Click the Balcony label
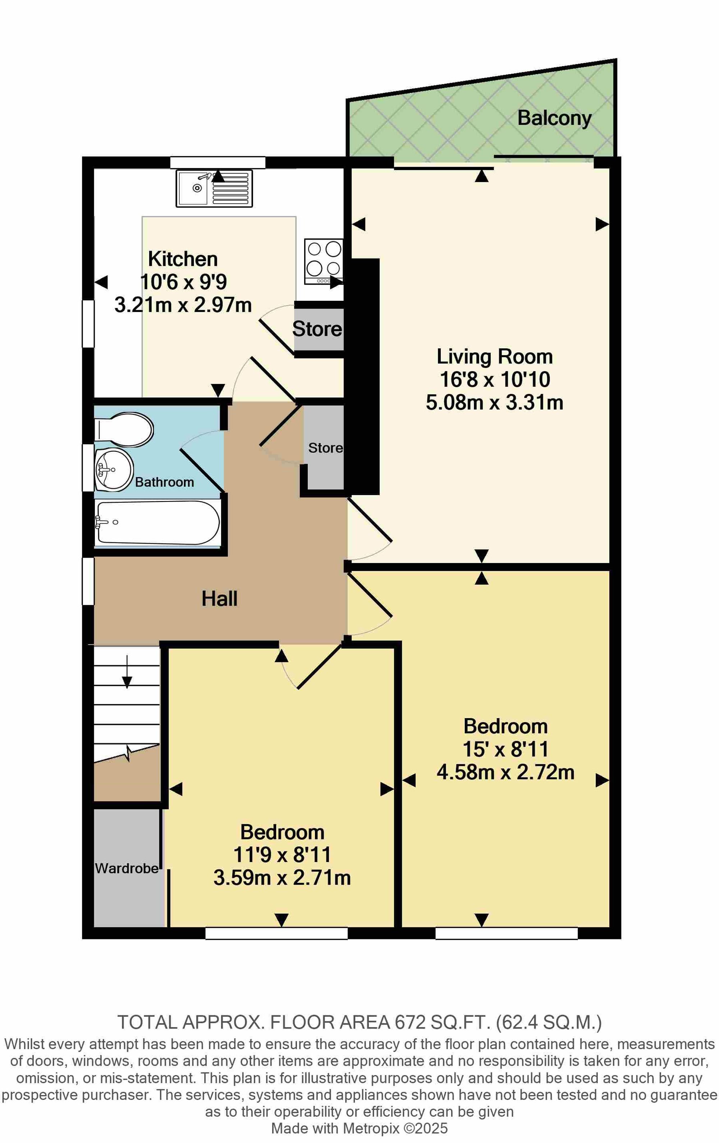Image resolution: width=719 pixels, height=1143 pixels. tap(554, 118)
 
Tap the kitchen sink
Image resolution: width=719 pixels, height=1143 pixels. tap(214, 189)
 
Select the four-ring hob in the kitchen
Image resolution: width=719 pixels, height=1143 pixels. tap(324, 262)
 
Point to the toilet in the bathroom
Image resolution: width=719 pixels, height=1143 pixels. tap(124, 430)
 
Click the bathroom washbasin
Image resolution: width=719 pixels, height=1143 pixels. tap(114, 470)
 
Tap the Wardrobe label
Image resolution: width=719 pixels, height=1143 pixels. tap(127, 868)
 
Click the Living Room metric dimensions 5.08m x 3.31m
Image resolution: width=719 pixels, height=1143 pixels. tap(494, 403)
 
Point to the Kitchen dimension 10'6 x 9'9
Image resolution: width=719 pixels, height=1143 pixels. tap(184, 282)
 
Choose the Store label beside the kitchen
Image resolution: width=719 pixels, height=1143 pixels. tap(317, 329)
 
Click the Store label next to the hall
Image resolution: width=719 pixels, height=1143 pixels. tap(325, 448)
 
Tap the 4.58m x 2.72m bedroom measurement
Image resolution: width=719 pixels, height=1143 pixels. tap(505, 772)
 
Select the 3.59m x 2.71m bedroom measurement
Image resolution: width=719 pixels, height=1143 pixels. tap(282, 877)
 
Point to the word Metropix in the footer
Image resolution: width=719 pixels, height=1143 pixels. tap(371, 1128)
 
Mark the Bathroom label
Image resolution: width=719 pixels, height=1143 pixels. tap(165, 482)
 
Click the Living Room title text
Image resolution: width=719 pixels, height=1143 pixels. tap(494, 357)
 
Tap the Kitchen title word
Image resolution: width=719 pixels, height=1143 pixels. tap(183, 259)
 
